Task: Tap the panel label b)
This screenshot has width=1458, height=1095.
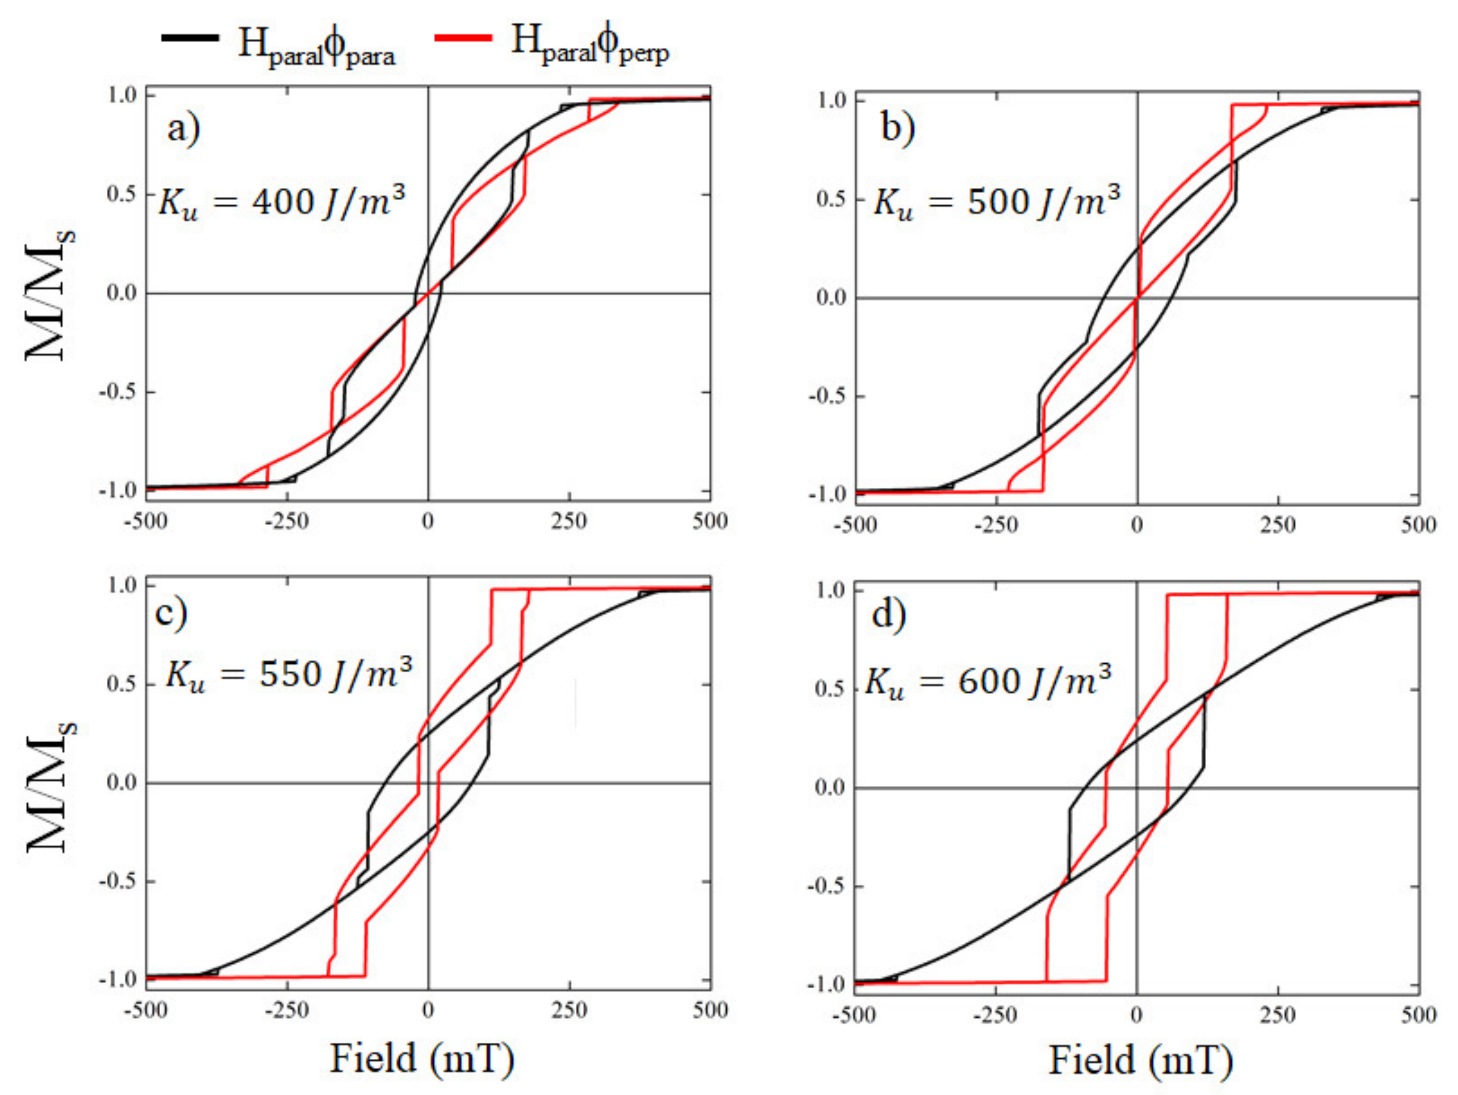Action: pyautogui.click(x=898, y=128)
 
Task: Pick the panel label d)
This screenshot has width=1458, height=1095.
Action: pyautogui.click(x=889, y=615)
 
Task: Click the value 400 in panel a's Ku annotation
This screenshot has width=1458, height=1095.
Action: pyautogui.click(x=283, y=202)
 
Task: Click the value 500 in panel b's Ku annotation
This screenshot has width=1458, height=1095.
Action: pyautogui.click(x=998, y=202)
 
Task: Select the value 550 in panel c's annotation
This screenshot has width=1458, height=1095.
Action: pyautogui.click(x=290, y=675)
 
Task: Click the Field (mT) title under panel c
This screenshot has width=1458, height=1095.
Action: pyautogui.click(x=422, y=1059)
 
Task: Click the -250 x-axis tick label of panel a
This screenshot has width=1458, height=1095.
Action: pyautogui.click(x=287, y=521)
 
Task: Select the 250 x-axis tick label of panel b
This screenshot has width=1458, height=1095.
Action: pyautogui.click(x=1278, y=526)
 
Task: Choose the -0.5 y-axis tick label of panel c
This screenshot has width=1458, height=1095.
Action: pyautogui.click(x=117, y=882)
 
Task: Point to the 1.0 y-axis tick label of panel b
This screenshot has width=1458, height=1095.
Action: pyautogui.click(x=832, y=101)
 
